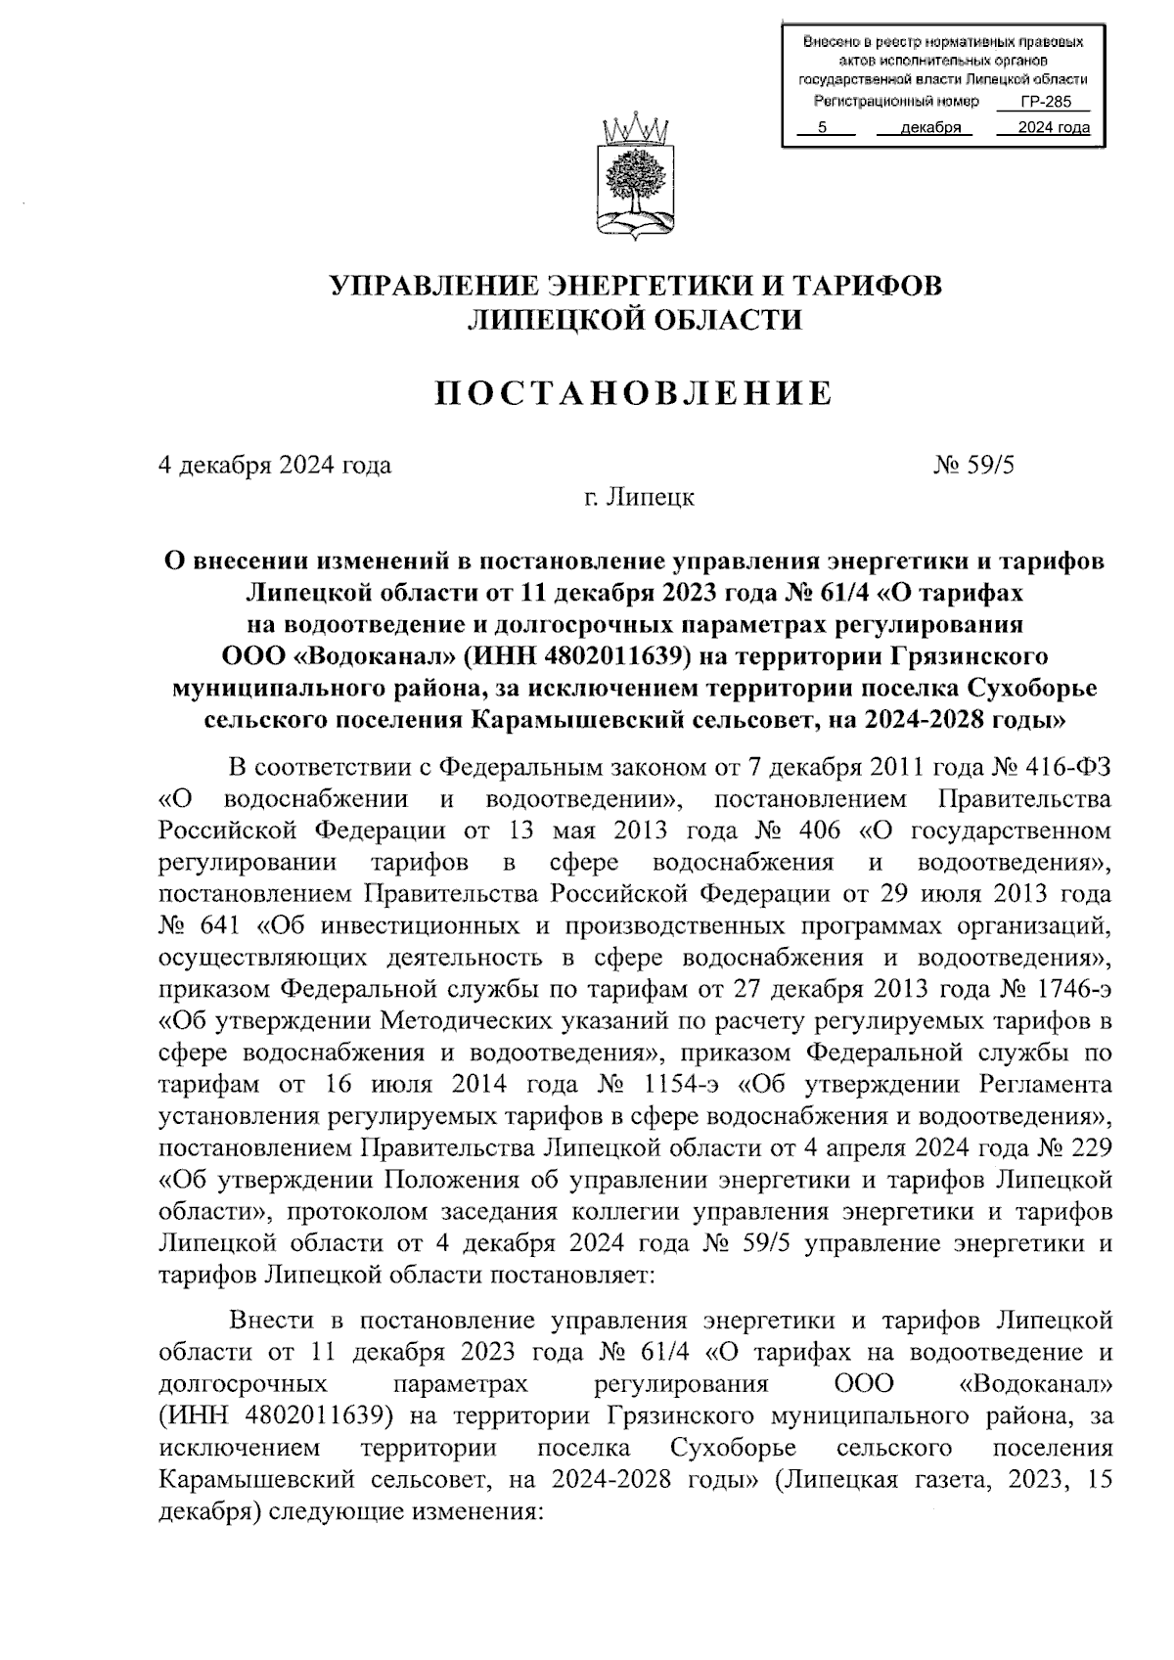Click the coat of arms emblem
pyautogui.click(x=635, y=180)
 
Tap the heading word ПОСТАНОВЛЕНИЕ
pyautogui.click(x=634, y=393)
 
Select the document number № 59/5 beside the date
pyautogui.click(x=974, y=465)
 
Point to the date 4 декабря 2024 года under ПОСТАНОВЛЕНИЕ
pyautogui.click(x=275, y=465)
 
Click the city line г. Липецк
pyautogui.click(x=639, y=497)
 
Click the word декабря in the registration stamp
pyautogui.click(x=930, y=128)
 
